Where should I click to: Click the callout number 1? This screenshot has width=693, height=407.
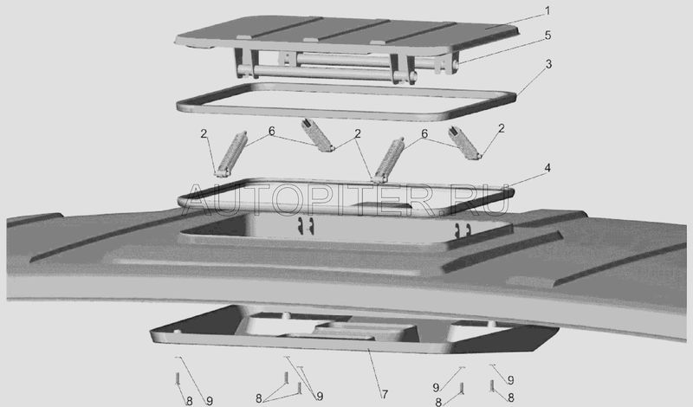pyautogui.click(x=547, y=10)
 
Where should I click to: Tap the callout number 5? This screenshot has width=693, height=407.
pyautogui.click(x=548, y=36)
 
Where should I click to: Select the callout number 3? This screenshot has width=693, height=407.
pyautogui.click(x=548, y=65)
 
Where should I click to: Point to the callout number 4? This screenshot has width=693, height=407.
pyautogui.click(x=547, y=168)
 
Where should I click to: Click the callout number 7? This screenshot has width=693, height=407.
pyautogui.click(x=385, y=395)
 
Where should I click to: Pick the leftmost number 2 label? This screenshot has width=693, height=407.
pyautogui.click(x=204, y=133)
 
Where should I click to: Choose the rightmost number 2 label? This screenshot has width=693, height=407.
pyautogui.click(x=502, y=129)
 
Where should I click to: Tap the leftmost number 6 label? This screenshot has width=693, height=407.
pyautogui.click(x=271, y=132)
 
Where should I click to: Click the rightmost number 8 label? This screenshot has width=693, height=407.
pyautogui.click(x=511, y=397)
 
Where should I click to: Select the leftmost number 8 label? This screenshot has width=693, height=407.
pyautogui.click(x=189, y=401)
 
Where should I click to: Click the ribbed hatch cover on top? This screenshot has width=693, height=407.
pyautogui.click(x=347, y=36)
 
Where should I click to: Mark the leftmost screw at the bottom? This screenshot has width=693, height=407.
pyautogui.click(x=178, y=378)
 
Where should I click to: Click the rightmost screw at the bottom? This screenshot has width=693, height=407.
pyautogui.click(x=491, y=385)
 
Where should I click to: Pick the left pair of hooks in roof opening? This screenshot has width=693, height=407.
pyautogui.click(x=306, y=225)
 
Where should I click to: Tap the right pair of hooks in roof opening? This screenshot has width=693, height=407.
pyautogui.click(x=463, y=229)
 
